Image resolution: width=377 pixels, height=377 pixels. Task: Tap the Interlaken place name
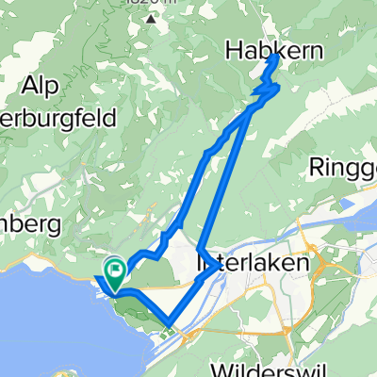(x=252, y=265)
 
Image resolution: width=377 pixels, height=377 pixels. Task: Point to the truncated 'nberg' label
(x=30, y=225)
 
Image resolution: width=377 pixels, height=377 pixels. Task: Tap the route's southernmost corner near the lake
(x=168, y=323)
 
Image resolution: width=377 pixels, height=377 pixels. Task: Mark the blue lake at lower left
(x=38, y=320)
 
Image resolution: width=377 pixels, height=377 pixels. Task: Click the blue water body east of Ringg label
(x=363, y=203)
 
